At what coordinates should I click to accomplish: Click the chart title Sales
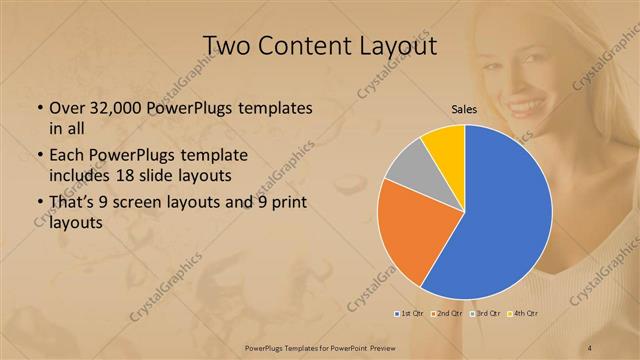click(x=463, y=110)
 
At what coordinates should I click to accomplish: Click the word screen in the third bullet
click(x=150, y=205)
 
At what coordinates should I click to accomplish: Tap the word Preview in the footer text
click(x=378, y=347)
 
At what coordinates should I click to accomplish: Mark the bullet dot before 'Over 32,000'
click(x=38, y=108)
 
